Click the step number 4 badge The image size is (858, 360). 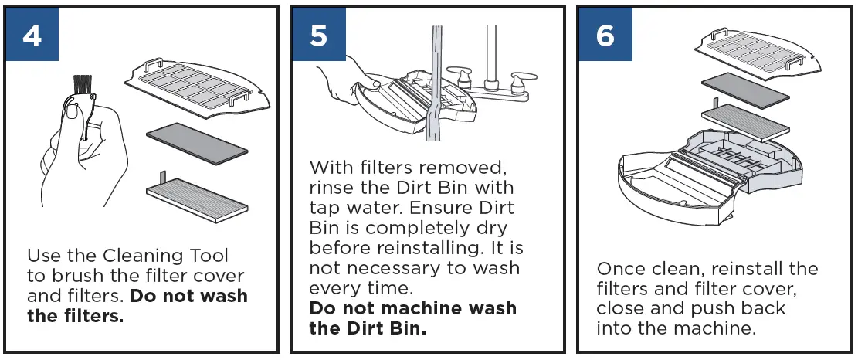(32, 35)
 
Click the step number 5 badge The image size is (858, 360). (319, 35)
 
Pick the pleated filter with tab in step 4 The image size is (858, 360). (197, 196)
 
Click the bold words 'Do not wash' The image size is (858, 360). (189, 296)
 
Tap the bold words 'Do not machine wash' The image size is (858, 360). (413, 308)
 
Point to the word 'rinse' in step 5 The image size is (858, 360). (333, 188)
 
